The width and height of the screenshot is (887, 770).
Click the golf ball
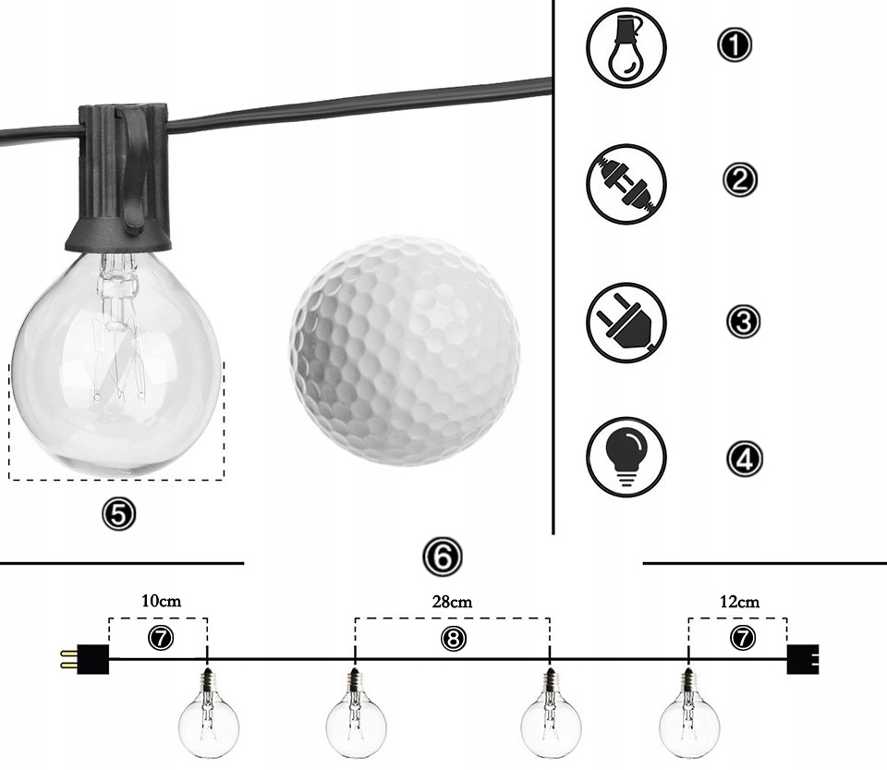click(x=405, y=350)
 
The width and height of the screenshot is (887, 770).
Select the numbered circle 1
click(x=735, y=44)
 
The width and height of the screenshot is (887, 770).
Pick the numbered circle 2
click(x=739, y=180)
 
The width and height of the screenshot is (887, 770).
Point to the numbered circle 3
click(x=743, y=322)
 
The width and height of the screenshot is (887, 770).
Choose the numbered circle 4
click(x=744, y=458)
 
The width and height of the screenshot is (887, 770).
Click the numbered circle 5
click(x=119, y=514)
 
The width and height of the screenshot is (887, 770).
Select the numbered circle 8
click(x=453, y=639)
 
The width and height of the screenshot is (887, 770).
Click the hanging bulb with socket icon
click(x=626, y=48)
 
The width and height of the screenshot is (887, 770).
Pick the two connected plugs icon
click(x=626, y=184)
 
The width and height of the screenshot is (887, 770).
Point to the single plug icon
click(x=626, y=323)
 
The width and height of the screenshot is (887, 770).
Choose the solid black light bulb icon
click(x=626, y=458)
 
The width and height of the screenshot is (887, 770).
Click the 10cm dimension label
click(x=161, y=600)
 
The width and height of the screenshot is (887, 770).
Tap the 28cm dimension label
click(x=452, y=602)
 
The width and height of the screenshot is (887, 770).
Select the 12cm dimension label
click(x=739, y=602)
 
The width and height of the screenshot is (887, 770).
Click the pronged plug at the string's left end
click(x=85, y=659)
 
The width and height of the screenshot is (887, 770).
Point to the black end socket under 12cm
click(x=803, y=659)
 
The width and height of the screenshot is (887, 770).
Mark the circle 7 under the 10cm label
click(x=161, y=638)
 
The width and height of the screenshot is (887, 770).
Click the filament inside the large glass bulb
click(x=116, y=328)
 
